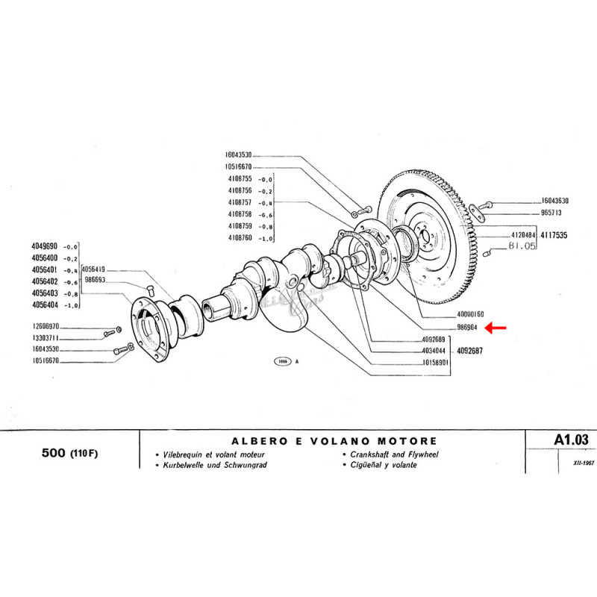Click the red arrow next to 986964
(496, 327)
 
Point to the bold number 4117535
(554, 235)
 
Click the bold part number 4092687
(469, 351)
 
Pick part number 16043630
(555, 201)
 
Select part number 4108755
(240, 180)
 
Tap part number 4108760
(240, 237)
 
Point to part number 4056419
(94, 269)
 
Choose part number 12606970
(47, 327)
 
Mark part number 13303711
(47, 338)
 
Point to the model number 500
(49, 454)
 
